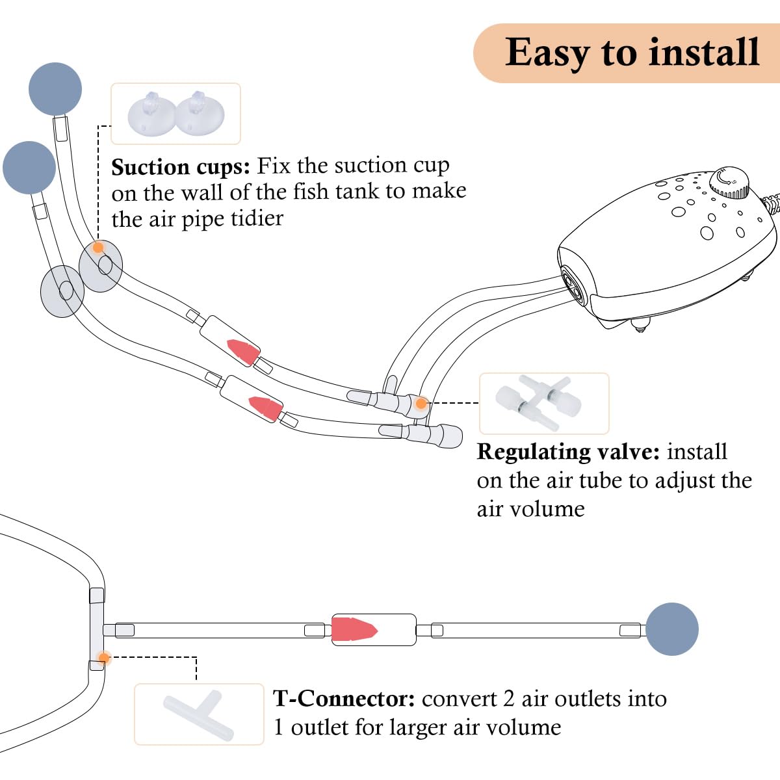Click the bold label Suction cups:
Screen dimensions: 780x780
pyautogui.click(x=181, y=167)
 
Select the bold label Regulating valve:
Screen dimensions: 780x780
pyautogui.click(x=568, y=452)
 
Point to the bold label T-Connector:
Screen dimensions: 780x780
pyautogui.click(x=344, y=698)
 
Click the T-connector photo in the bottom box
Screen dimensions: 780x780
pyautogui.click(x=199, y=714)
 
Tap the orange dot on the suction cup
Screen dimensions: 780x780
pyautogui.click(x=98, y=247)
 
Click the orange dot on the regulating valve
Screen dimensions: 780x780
pyautogui.click(x=421, y=403)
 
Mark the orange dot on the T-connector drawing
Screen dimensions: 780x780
pyautogui.click(x=104, y=658)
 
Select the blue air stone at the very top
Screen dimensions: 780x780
pyautogui.click(x=55, y=89)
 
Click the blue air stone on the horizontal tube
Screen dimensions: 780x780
pyautogui.click(x=672, y=629)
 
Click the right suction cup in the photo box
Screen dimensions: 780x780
pyautogui.click(x=199, y=113)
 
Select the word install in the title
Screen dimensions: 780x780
pyautogui.click(x=704, y=52)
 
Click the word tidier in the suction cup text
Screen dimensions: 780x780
pyautogui.click(x=257, y=219)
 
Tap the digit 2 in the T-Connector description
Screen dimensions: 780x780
pyautogui.click(x=509, y=699)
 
